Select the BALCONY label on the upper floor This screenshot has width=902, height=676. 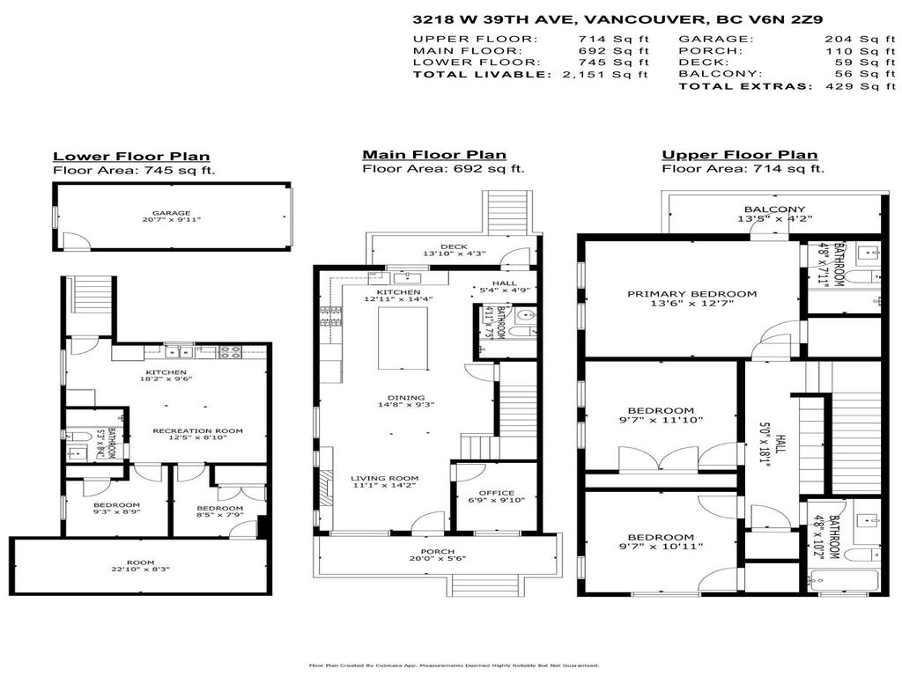pyautogui.click(x=774, y=209)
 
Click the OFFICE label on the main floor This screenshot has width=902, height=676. pyautogui.click(x=495, y=493)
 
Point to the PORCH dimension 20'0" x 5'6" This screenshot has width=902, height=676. pyautogui.click(x=437, y=559)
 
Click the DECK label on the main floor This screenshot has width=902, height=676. pyautogui.click(x=453, y=246)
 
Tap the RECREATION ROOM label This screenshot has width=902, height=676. pyautogui.click(x=197, y=431)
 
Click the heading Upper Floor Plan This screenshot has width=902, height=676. pyautogui.click(x=739, y=155)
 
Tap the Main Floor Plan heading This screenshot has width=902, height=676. pyautogui.click(x=434, y=155)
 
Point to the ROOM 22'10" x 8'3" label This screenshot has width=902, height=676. pyautogui.click(x=141, y=564)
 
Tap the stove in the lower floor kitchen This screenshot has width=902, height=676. pyautogui.click(x=230, y=352)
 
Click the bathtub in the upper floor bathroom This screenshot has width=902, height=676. pyautogui.click(x=844, y=581)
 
